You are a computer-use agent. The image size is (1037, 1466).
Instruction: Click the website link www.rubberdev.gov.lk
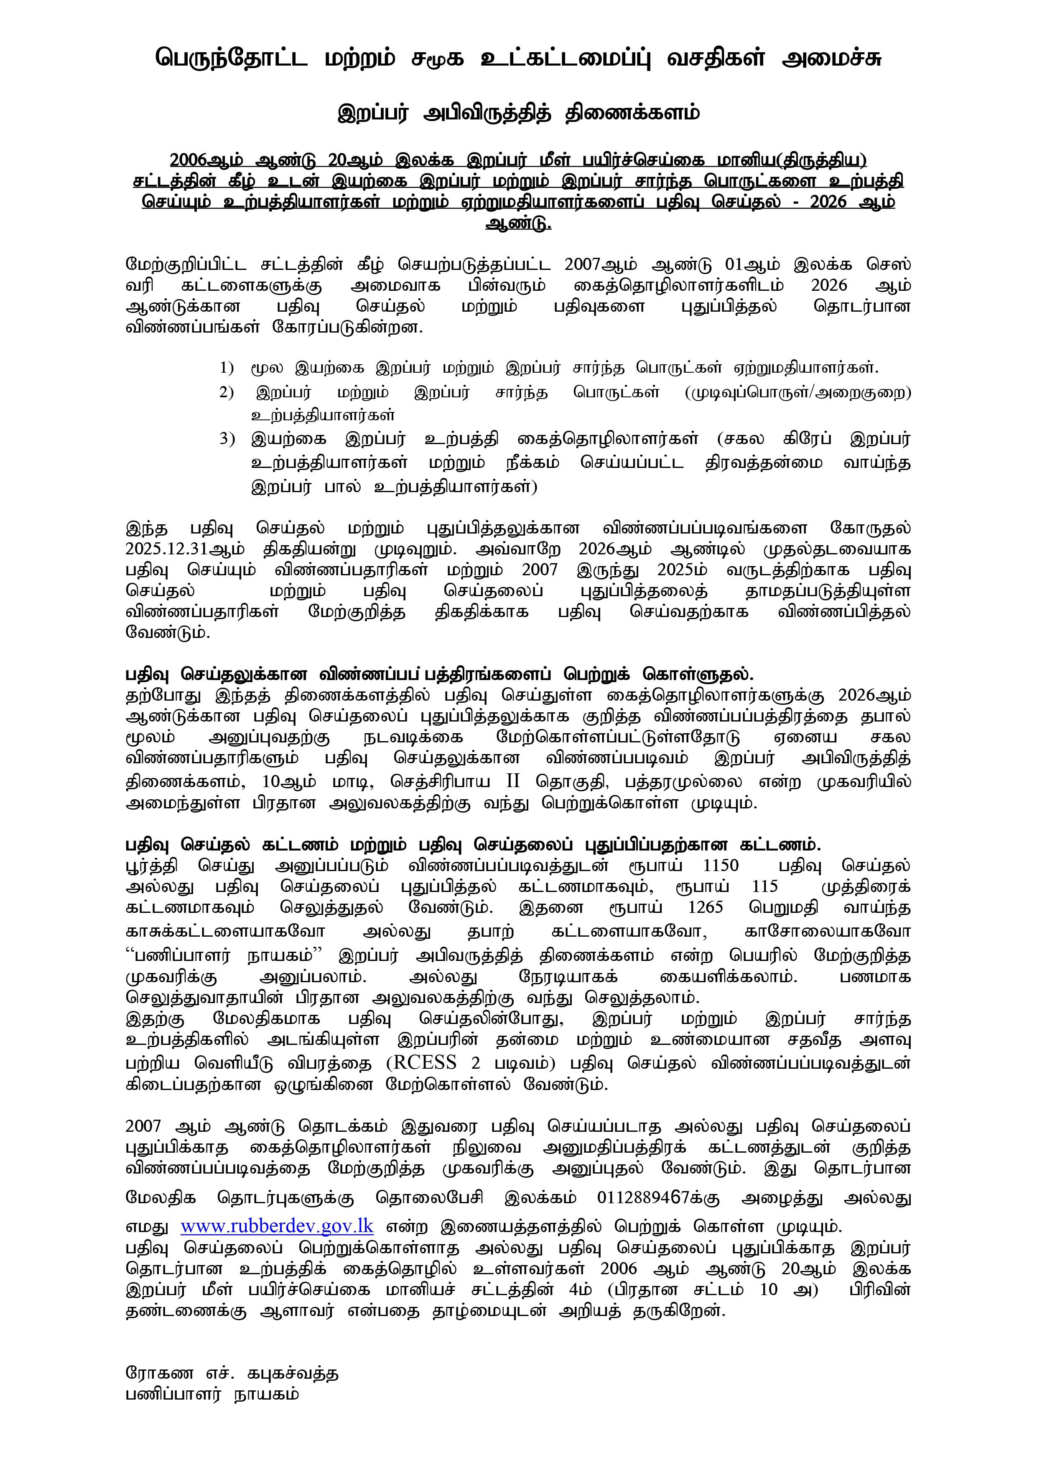(x=277, y=1227)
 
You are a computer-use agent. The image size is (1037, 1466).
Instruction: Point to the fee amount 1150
(x=720, y=866)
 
